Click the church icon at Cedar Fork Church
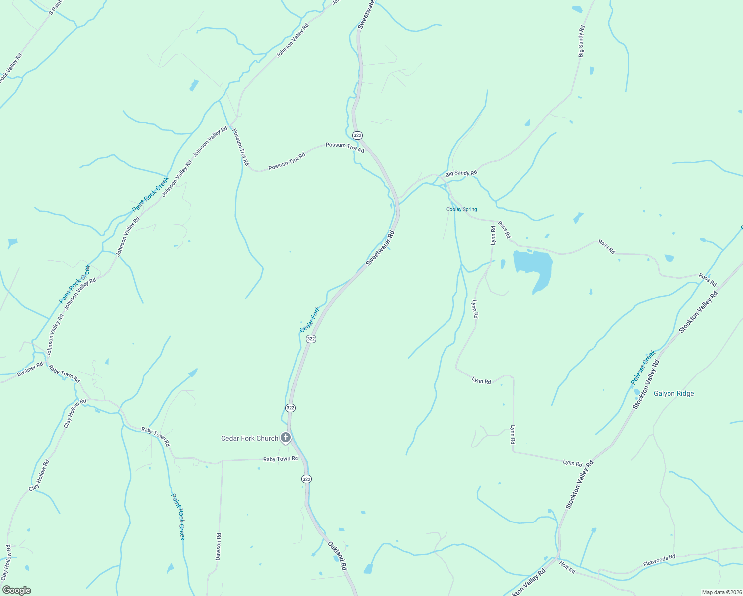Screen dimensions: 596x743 [x=286, y=438]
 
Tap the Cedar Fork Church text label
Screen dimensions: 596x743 [x=249, y=438]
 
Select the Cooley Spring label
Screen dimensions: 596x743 [x=461, y=209]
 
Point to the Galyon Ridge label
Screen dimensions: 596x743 [x=673, y=393]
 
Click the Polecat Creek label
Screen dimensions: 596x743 [x=643, y=368]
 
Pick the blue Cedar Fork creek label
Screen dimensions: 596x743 [x=310, y=320]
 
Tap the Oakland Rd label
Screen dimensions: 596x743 [x=337, y=556]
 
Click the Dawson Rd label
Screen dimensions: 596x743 [x=218, y=547]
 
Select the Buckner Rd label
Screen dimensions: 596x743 [x=30, y=370]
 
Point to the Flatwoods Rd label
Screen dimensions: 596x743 [x=659, y=561]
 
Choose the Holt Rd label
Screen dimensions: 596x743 [x=567, y=567]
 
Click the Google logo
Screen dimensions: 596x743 [x=16, y=590]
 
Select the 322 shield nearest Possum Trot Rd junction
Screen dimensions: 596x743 [x=357, y=135]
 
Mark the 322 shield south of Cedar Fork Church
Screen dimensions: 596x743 [x=306, y=479]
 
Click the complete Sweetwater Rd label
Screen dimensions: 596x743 [x=380, y=248]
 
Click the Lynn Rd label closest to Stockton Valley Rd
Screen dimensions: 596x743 [x=572, y=463]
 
